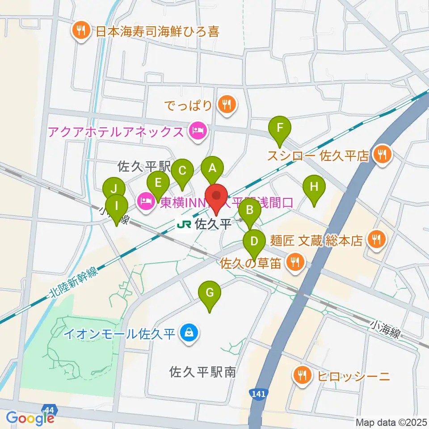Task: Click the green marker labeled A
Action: (x=213, y=169)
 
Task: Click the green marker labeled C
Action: (x=182, y=171)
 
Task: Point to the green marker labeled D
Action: (x=254, y=242)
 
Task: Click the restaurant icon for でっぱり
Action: (x=227, y=105)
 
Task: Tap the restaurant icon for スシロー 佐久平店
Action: (x=382, y=155)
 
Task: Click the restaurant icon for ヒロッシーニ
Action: (x=303, y=374)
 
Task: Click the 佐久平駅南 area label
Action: (x=202, y=372)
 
